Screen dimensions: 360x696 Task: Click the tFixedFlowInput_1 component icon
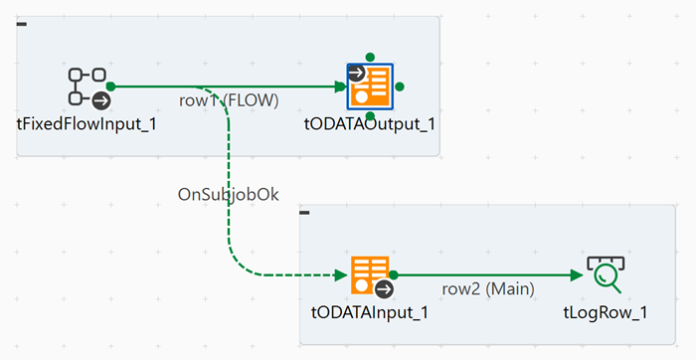coord(87,88)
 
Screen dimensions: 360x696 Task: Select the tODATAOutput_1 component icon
coord(370,88)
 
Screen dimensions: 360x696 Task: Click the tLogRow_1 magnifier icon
coord(605,275)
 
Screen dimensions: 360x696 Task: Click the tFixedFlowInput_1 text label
coord(87,124)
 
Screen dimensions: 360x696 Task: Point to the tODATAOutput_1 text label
coord(370,124)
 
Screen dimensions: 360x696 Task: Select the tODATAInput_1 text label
coord(370,312)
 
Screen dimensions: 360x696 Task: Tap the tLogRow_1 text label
coord(606,312)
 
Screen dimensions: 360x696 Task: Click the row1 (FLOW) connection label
coord(229,100)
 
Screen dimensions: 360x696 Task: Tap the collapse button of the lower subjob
coord(305,212)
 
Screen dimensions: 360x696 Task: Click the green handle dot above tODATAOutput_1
coord(370,57)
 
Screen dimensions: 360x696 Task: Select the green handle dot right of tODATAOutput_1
coord(400,88)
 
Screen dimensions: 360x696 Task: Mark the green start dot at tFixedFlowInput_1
coord(110,88)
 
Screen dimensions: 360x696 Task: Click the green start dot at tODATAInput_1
coord(394,274)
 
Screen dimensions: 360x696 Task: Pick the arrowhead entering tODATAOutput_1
coord(339,88)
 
